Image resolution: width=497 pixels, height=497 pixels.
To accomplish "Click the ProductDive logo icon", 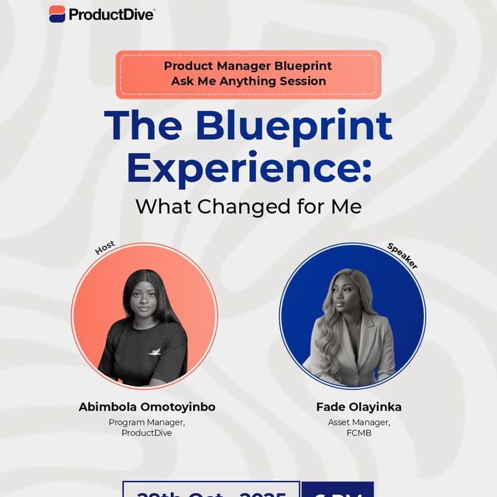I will [57, 14].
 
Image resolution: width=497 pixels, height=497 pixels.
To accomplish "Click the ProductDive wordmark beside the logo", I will [112, 14].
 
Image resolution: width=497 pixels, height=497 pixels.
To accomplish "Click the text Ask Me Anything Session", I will [248, 81].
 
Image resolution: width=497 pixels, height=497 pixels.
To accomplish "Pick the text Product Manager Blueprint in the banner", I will [248, 66].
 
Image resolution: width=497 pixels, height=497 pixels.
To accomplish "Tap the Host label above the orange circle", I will [104, 248].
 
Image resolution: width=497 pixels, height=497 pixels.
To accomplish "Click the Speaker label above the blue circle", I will [402, 255].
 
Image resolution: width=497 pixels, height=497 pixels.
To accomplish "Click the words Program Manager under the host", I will [147, 422].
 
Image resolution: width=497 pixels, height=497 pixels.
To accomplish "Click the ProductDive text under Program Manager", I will [147, 433].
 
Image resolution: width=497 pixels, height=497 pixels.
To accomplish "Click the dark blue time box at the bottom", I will [337, 490].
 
